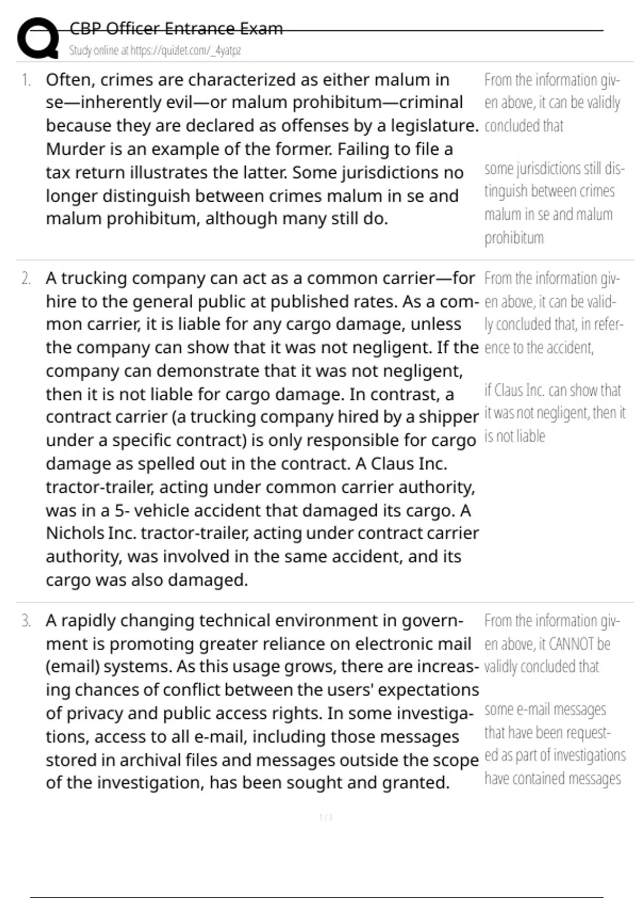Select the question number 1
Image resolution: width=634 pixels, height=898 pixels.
point(26,80)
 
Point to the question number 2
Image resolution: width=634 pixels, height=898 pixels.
point(26,278)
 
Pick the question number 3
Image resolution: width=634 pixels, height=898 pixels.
point(26,621)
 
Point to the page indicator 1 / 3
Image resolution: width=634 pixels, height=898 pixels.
point(326,818)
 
